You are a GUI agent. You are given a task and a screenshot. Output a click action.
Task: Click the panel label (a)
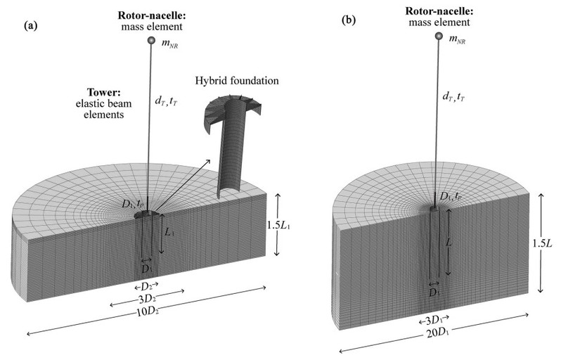coord(30,25)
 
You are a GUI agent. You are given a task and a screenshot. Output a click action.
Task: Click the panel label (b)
coord(349,21)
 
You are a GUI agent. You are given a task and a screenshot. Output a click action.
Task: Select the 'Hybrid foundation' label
coord(238,81)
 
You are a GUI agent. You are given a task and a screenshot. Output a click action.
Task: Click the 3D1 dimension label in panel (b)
coord(435,321)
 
